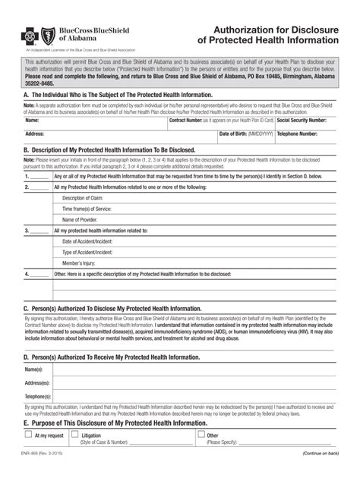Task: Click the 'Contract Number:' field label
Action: pos(185,120)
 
